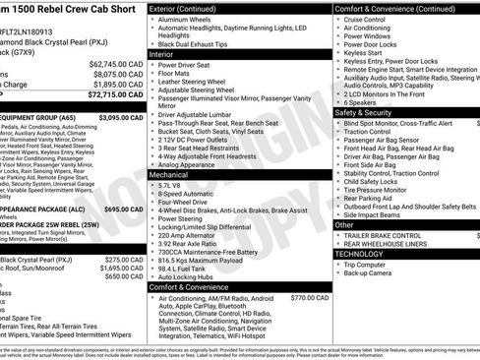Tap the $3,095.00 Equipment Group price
click(x=122, y=118)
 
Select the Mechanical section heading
click(x=168, y=173)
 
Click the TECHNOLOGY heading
click(x=364, y=254)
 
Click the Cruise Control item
click(x=364, y=19)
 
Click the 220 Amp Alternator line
click(x=189, y=236)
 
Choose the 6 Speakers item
click(x=360, y=101)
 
